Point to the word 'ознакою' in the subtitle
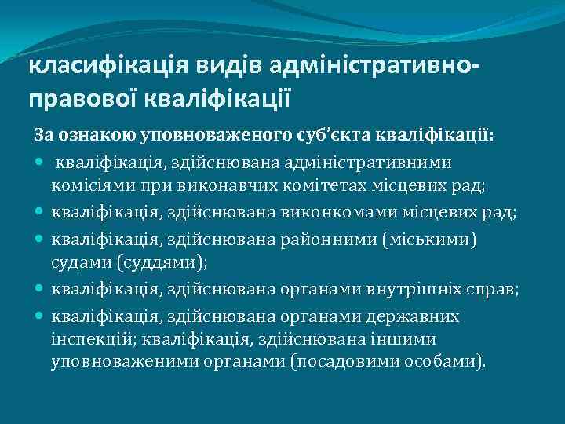coord(95,134)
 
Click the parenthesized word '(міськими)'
coord(440,238)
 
